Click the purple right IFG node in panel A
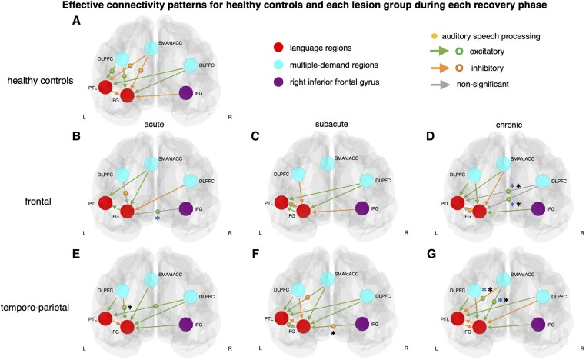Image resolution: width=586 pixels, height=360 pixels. click(x=186, y=93)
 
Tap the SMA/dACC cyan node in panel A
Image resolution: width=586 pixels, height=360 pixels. click(x=151, y=48)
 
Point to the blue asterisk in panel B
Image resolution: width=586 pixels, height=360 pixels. click(x=158, y=219)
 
